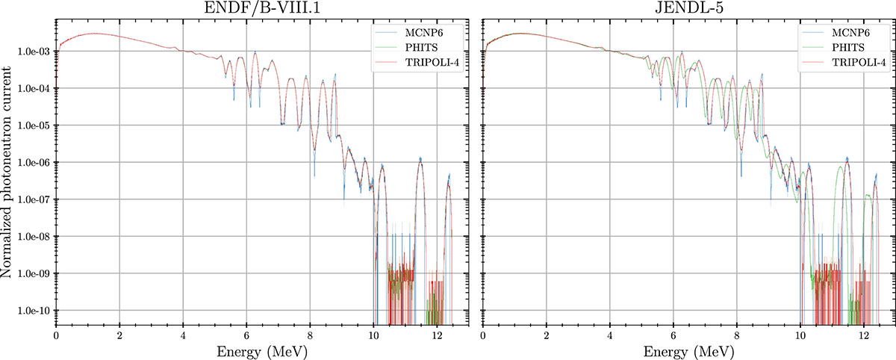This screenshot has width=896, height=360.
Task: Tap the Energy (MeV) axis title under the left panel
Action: coord(261,351)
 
